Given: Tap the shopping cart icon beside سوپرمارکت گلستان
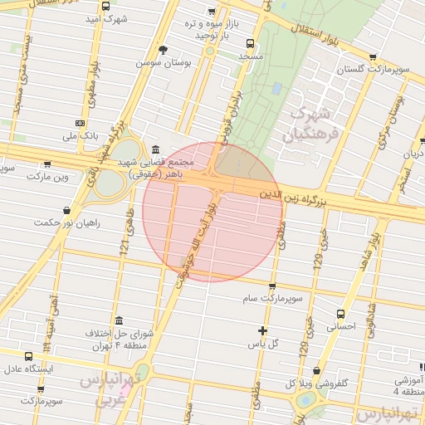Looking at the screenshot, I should [372, 58].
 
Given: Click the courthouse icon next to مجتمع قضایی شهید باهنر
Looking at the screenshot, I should [155, 149].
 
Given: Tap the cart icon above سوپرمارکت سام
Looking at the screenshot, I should [272, 286].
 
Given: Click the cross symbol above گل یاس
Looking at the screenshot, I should [262, 331].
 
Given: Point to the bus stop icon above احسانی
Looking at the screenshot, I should [341, 315].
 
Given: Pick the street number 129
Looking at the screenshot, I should [316, 263].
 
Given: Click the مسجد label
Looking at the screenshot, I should [250, 56].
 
